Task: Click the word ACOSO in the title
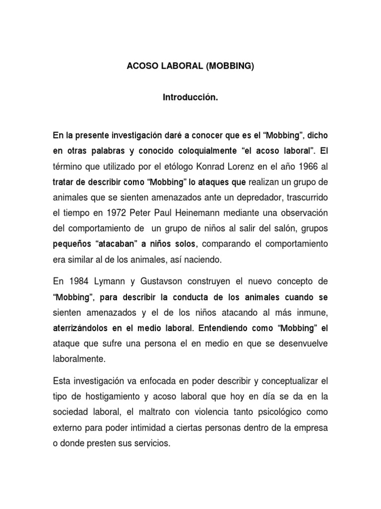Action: tap(142, 67)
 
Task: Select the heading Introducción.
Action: tap(190, 98)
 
